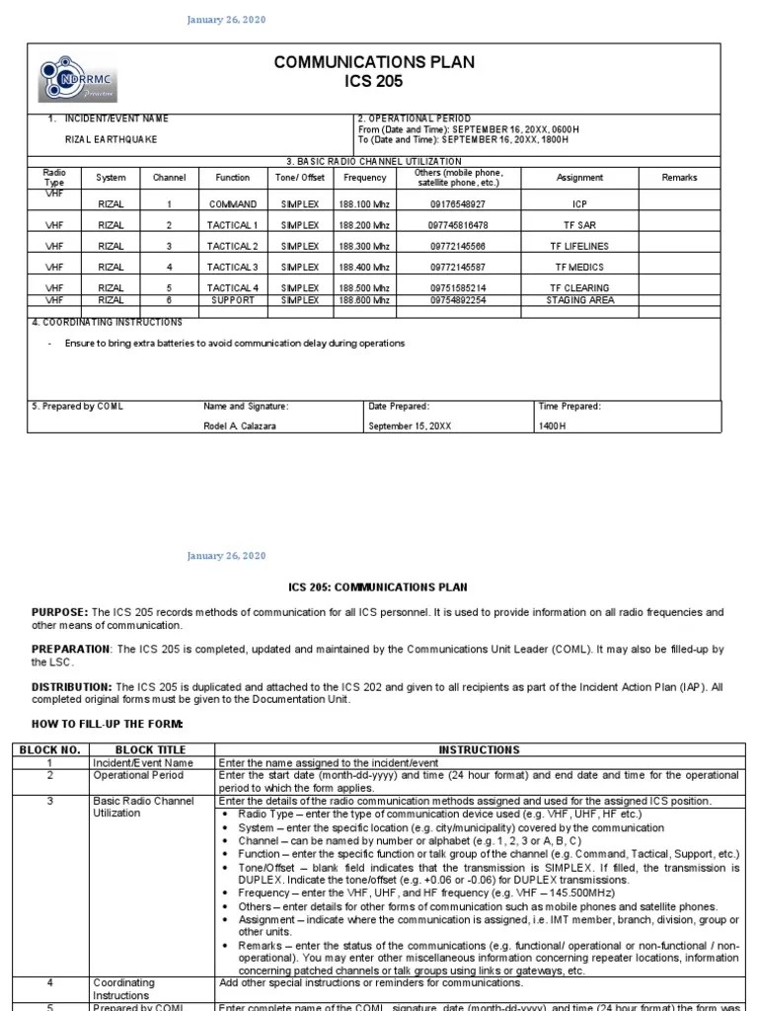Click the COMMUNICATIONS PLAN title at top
click(374, 62)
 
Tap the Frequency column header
click(364, 178)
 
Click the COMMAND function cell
click(233, 204)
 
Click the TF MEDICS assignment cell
click(579, 267)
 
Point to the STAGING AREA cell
click(579, 300)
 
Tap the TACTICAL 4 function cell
click(233, 288)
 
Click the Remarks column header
click(680, 178)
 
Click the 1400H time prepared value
click(553, 426)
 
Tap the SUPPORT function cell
click(233, 300)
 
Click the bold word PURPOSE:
click(60, 613)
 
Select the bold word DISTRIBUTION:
click(72, 686)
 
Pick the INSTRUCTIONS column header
click(478, 750)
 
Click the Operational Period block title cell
click(138, 775)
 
